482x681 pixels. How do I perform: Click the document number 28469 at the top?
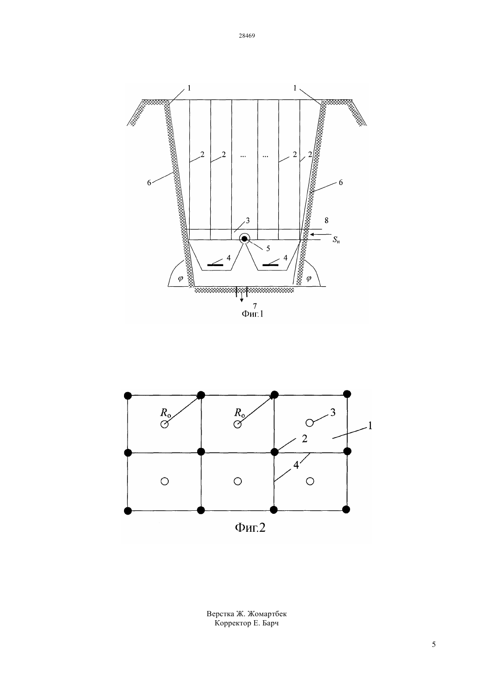pos(247,35)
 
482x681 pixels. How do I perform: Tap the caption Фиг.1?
pos(252,314)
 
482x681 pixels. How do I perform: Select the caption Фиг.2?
pos(250,527)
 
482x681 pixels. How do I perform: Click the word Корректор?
pos(233,623)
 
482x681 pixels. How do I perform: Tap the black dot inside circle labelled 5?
pos(245,239)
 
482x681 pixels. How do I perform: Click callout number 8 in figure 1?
pos(326,221)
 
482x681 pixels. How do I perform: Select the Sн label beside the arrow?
pos(336,240)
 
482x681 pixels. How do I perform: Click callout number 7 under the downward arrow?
pos(255,306)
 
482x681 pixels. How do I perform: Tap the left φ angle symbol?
pos(181,278)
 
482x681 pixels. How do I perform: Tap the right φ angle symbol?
pos(309,278)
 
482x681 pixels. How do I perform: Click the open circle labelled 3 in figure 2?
pos(309,423)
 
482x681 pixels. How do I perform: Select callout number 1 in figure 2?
pos(370,426)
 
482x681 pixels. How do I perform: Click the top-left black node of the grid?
pos(128,396)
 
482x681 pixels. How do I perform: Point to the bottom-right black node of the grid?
pos(346,509)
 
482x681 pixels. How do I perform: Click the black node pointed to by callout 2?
pos(274,452)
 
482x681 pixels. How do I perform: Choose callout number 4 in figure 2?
pos(296,465)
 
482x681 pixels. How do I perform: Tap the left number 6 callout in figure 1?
pos(149,183)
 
